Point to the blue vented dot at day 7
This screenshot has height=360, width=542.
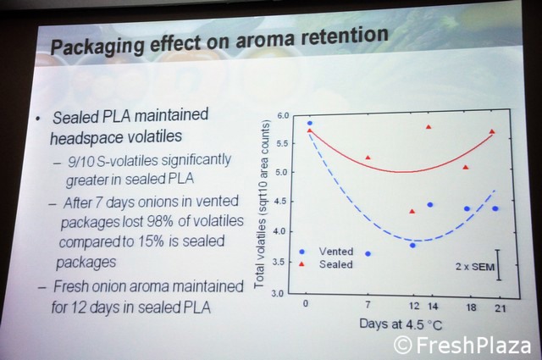tap(368, 253)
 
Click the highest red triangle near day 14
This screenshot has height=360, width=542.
tap(429, 127)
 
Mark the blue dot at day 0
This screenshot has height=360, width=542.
tap(309, 123)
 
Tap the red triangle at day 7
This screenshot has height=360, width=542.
tap(368, 158)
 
